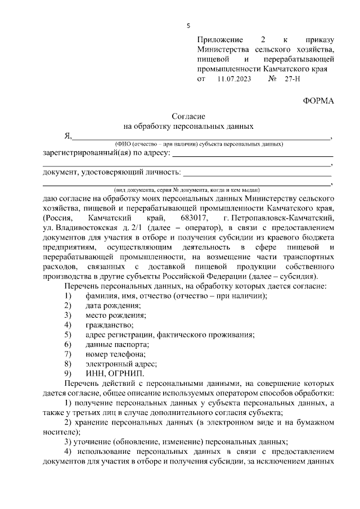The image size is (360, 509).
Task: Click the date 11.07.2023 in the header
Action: pyautogui.click(x=232, y=79)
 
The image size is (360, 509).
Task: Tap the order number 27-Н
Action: pyautogui.click(x=294, y=79)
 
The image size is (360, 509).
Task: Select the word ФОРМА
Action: pyautogui.click(x=318, y=101)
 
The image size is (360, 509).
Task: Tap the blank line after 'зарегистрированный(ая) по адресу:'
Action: pyautogui.click(x=252, y=154)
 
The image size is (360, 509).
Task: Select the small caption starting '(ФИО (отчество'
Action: pyautogui.click(x=198, y=145)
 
